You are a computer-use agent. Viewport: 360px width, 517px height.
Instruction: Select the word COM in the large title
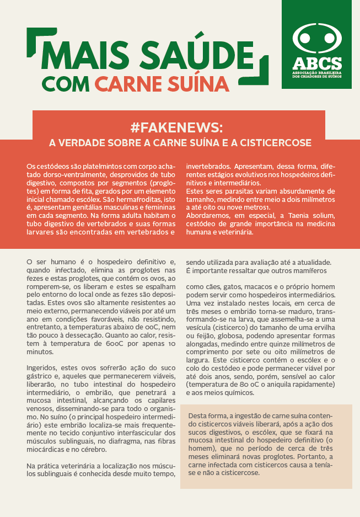click(65, 83)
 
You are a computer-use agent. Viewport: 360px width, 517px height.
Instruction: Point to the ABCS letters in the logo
click(316, 63)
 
